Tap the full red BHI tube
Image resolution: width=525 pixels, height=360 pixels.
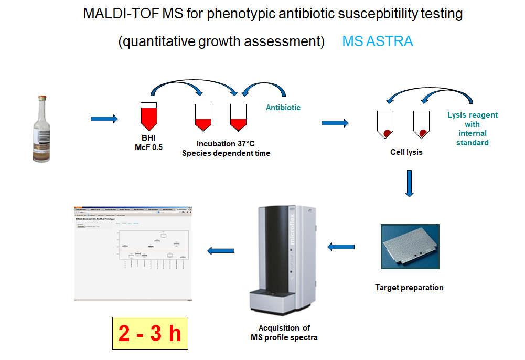click(149, 116)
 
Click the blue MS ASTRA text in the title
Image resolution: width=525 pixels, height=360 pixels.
click(378, 41)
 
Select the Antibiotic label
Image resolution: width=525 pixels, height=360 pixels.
click(284, 108)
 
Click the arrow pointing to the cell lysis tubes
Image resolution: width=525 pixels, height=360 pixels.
click(335, 123)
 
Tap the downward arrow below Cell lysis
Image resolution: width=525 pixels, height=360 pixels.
click(410, 183)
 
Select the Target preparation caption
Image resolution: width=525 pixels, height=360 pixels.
click(409, 288)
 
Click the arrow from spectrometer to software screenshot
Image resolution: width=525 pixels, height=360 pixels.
click(220, 251)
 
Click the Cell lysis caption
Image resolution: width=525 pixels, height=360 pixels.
click(406, 153)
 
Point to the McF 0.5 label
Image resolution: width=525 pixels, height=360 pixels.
click(149, 147)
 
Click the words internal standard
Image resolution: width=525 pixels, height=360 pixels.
click(473, 138)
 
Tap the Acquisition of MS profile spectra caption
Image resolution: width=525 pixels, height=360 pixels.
click(284, 333)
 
